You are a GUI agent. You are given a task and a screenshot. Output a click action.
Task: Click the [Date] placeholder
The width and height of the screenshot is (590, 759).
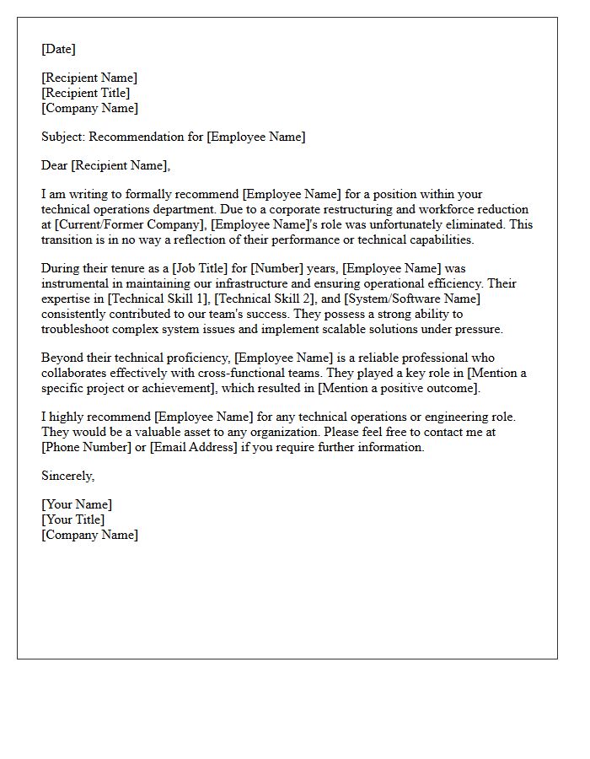click(x=58, y=49)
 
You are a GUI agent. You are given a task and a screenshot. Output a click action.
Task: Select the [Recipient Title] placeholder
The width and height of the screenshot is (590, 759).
click(x=85, y=93)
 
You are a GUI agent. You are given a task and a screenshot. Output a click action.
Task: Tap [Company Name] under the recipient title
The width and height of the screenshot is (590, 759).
click(x=89, y=108)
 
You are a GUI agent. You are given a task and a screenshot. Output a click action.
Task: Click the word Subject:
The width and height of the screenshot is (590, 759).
click(x=63, y=137)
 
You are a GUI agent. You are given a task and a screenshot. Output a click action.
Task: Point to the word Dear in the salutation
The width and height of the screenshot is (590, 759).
click(x=55, y=165)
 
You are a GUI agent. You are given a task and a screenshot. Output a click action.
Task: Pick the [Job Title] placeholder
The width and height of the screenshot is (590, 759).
click(x=201, y=268)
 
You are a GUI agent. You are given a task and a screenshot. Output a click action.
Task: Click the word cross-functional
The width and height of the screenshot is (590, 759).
click(x=221, y=373)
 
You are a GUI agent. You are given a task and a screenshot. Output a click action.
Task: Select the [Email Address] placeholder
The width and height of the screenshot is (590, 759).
click(x=194, y=447)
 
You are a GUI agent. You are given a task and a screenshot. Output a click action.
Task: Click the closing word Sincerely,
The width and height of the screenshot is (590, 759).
click(x=68, y=476)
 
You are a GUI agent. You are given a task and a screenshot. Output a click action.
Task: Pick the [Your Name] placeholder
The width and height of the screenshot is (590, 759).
click(x=77, y=504)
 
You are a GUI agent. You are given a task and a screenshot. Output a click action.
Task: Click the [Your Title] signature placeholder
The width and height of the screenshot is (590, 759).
click(x=73, y=519)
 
